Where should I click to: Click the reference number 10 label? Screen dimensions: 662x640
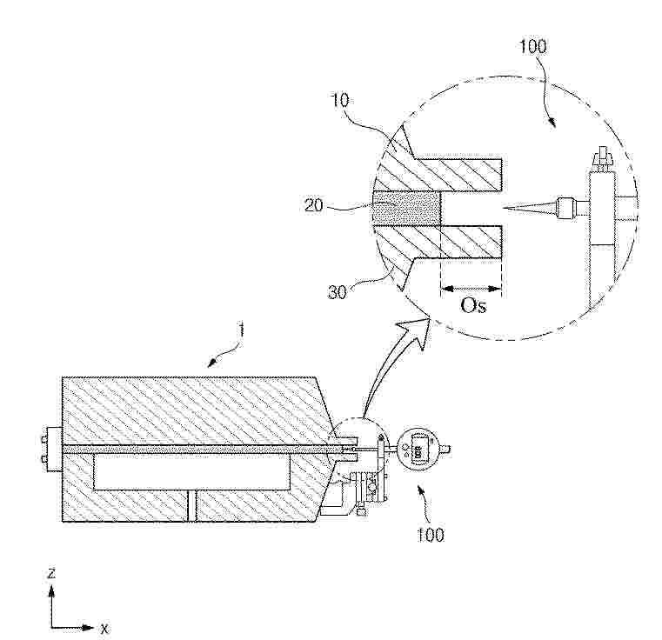tap(340, 101)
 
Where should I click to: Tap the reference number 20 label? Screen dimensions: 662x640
tap(313, 205)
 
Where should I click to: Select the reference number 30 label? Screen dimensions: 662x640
tap(337, 292)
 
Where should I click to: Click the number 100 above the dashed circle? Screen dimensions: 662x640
tap(532, 46)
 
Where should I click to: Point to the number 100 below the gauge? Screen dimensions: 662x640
tap(431, 535)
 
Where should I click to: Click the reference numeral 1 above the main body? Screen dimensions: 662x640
tap(242, 330)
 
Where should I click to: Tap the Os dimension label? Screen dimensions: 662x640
tap(473, 305)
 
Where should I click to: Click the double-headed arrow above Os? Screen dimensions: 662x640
tap(471, 289)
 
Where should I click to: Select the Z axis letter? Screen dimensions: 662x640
tap(51, 573)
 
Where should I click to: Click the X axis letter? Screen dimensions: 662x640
tap(104, 629)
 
